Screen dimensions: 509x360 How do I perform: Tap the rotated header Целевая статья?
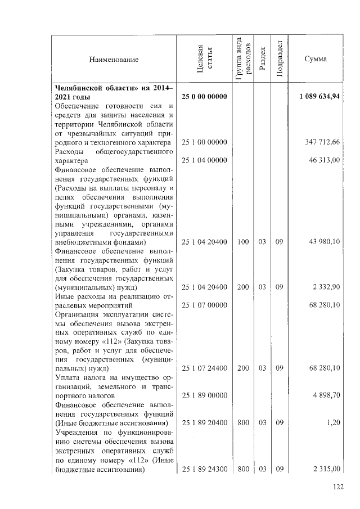[x=204, y=60]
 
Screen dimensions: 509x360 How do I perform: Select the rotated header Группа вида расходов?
[x=242, y=60]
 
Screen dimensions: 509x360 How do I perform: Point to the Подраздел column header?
[x=280, y=60]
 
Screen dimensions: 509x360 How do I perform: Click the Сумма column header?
[x=315, y=60]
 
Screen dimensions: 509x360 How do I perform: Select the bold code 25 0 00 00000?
[x=204, y=97]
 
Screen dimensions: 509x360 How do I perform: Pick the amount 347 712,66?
[x=322, y=143]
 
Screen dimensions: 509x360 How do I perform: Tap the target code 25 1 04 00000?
[x=204, y=161]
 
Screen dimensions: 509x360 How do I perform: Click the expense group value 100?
[x=242, y=242]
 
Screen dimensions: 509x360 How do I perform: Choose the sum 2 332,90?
[x=327, y=287]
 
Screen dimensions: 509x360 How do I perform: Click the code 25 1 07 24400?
[x=204, y=368]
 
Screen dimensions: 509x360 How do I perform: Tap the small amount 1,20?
[x=334, y=422]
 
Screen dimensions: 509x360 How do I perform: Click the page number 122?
[x=337, y=487]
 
